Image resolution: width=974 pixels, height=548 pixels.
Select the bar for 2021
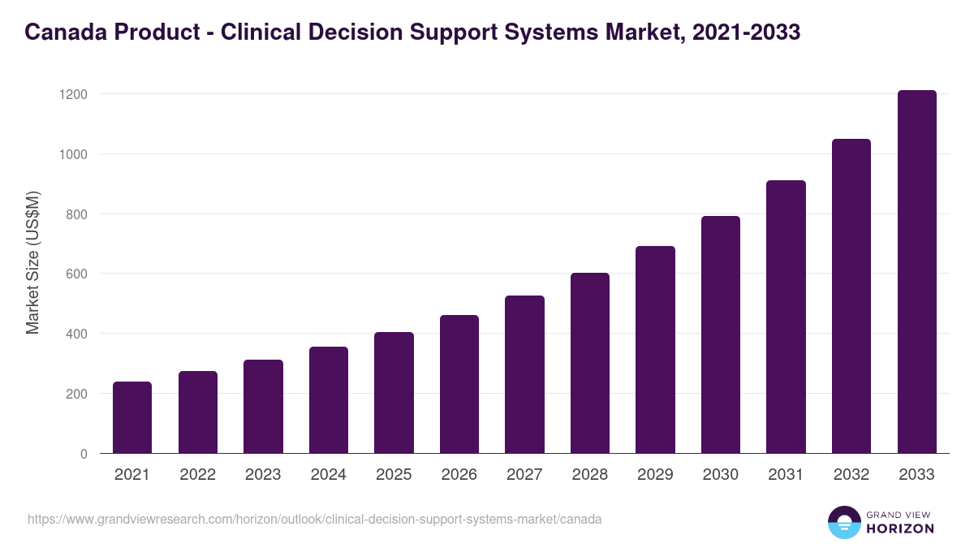coord(132,417)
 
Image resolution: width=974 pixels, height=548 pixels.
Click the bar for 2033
coord(916,272)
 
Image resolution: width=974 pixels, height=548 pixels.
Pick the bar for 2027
coord(524,374)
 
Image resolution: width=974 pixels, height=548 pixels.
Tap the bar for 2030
coord(721,334)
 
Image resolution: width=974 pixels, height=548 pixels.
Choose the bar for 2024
coord(329,400)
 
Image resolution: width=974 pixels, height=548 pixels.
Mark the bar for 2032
coord(851,296)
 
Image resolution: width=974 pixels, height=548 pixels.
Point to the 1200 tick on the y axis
coord(73,94)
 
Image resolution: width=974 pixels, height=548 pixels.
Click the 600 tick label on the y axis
coord(76,274)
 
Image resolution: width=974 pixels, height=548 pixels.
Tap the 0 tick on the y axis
coord(83,454)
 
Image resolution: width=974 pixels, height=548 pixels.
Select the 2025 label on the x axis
coord(394,475)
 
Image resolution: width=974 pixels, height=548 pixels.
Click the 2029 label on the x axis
coord(655,475)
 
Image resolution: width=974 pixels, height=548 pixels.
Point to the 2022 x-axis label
coord(197,475)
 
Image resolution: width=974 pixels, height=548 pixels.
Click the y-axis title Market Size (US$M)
coord(33,262)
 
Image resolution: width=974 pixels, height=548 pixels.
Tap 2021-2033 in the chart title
coord(745,32)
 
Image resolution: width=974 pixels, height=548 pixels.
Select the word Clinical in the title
coord(260,32)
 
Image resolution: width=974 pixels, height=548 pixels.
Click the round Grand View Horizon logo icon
coord(844,522)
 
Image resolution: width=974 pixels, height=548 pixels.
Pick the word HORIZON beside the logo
coord(900,529)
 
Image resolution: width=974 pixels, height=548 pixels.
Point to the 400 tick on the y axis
coord(76,334)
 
